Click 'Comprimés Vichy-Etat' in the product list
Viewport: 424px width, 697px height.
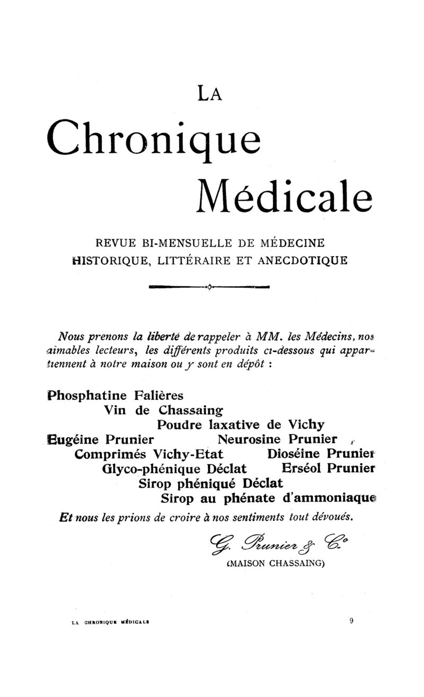click(x=149, y=455)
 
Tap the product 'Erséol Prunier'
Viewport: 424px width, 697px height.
click(x=329, y=469)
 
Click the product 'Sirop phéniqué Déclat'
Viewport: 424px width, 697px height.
click(x=210, y=484)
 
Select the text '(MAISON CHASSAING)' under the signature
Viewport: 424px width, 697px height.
click(x=275, y=564)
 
